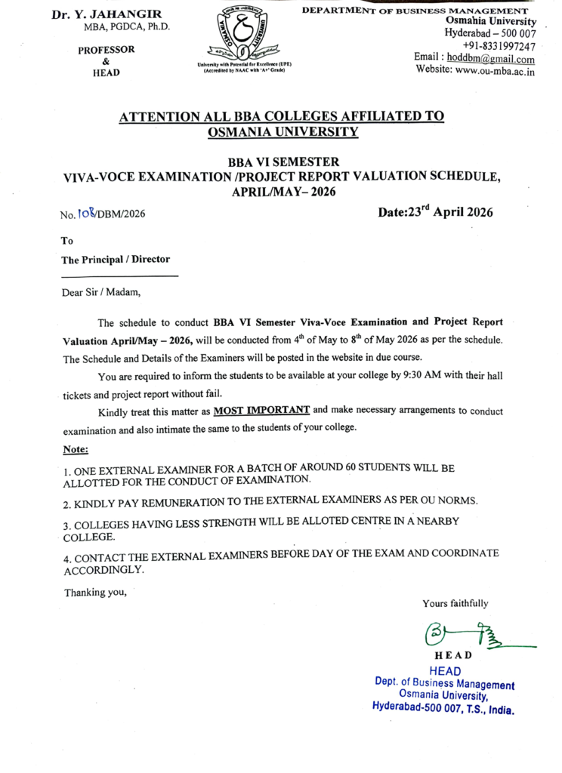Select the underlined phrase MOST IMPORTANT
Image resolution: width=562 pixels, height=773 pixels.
pos(261,411)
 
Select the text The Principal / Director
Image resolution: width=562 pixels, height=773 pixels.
pos(116,259)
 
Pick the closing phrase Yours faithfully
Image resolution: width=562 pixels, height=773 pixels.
pos(455,603)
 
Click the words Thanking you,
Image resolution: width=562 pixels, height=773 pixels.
pos(94,592)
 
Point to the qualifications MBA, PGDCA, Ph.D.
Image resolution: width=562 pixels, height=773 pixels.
pos(127,28)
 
